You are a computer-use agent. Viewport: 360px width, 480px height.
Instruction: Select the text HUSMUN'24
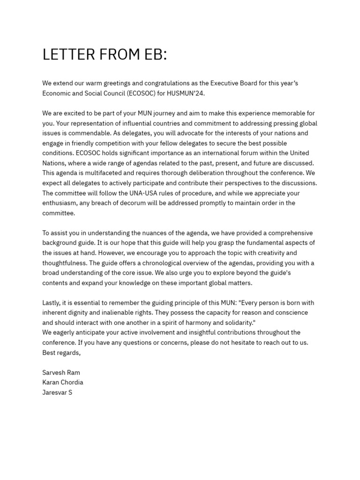[186, 93]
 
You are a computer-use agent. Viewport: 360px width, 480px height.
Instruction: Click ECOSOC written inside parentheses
[141, 93]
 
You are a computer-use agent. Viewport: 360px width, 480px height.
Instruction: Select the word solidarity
[236, 322]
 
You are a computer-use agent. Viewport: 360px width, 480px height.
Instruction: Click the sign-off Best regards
[61, 352]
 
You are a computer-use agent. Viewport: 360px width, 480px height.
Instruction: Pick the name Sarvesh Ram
[61, 373]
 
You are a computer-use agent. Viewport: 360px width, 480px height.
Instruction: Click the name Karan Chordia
[63, 382]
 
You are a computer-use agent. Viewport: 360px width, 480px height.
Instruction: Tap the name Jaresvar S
[57, 392]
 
